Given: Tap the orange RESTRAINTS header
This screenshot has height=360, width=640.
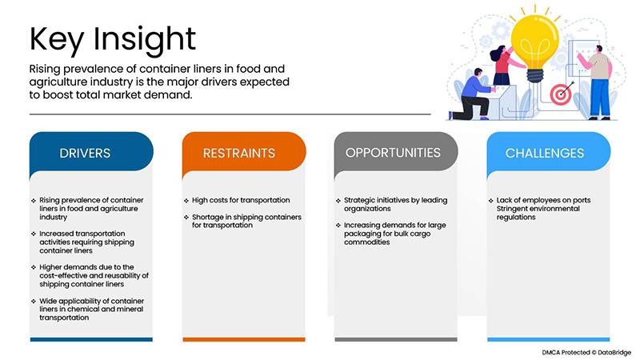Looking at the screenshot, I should [x=239, y=153].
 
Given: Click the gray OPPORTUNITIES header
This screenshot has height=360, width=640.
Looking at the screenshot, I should [x=392, y=152].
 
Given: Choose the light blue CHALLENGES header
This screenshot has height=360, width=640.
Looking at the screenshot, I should [x=544, y=153].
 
